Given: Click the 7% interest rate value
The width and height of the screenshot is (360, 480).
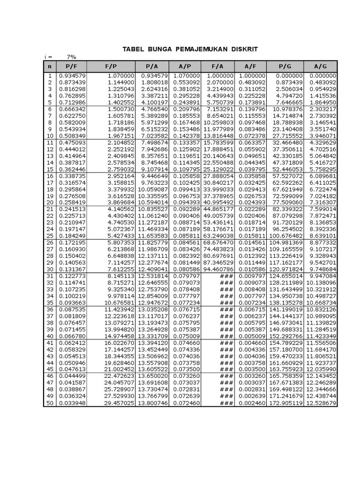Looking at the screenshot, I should [71, 57].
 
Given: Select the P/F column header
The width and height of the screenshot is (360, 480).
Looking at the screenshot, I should [71, 67].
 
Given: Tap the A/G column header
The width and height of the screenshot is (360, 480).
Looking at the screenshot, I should [321, 67].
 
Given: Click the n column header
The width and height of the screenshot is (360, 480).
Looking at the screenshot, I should [50, 67].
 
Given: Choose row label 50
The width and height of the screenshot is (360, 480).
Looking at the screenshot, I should [50, 403].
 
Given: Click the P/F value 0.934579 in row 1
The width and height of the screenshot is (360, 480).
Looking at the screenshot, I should [71, 75].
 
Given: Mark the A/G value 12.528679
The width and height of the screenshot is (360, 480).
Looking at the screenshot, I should [321, 403].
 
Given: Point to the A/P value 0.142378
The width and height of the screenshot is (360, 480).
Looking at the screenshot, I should [187, 136].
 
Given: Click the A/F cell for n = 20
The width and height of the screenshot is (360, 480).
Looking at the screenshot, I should [251, 202].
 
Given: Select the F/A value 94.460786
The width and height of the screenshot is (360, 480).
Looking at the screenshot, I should [218, 270].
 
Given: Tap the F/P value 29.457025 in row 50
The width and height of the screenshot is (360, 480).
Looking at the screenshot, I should [119, 403].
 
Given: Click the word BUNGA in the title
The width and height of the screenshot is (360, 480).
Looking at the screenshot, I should [159, 49].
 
